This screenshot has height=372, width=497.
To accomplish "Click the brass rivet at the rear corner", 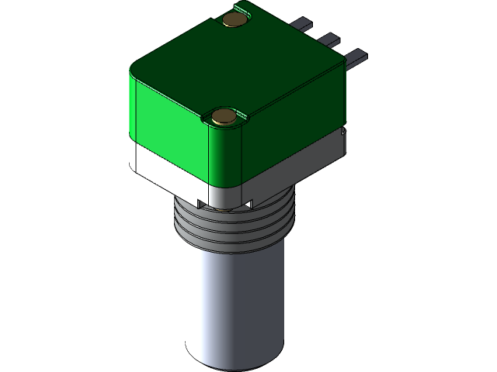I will pos(232,19).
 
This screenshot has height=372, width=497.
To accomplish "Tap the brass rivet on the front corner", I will pos(224,117).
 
